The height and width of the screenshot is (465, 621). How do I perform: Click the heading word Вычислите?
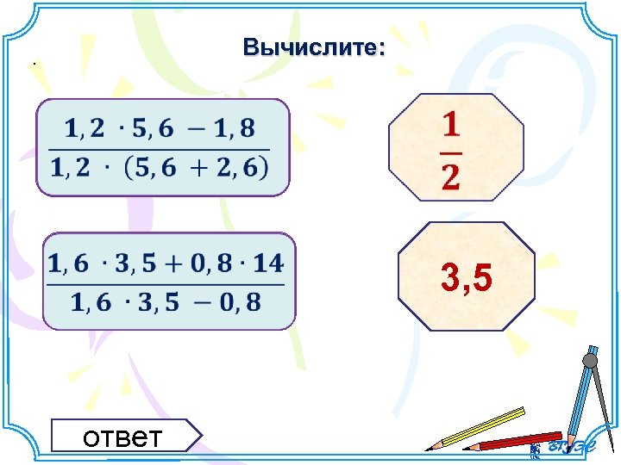point(313,47)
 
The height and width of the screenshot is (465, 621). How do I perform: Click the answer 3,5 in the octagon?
point(467,277)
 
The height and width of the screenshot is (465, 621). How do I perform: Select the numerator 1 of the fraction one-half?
point(450,127)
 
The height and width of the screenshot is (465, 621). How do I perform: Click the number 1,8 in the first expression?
point(235,129)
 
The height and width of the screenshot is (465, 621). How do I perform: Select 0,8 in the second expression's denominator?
point(241,301)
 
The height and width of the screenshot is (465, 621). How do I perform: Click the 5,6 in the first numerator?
point(154,129)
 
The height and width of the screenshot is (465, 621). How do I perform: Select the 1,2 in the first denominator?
point(72,169)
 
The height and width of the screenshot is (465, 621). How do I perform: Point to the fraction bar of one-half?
point(451,151)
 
